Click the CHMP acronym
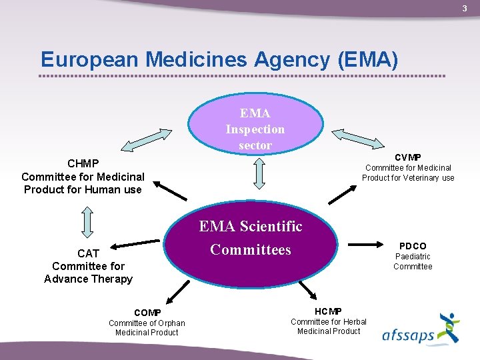(83, 163)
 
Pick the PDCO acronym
(413, 246)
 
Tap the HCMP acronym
(328, 311)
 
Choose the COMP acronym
(147, 313)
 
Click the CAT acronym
(88, 253)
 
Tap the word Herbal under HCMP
(353, 322)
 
